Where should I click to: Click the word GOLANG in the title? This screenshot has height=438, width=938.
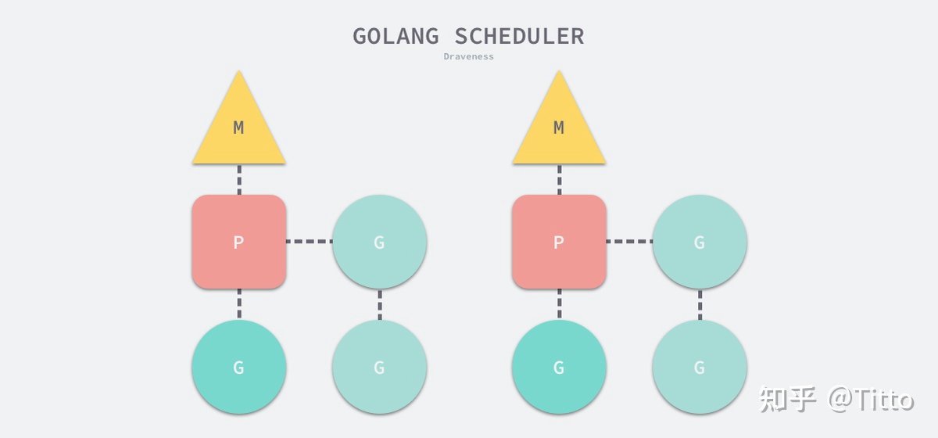click(x=396, y=36)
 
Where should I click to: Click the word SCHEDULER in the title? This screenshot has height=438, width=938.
click(x=519, y=36)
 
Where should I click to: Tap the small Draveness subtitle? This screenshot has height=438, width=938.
click(x=468, y=56)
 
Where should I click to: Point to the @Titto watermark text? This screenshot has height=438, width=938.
click(x=871, y=399)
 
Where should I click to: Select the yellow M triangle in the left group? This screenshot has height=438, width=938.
click(x=238, y=121)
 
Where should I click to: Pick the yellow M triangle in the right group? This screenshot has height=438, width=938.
click(x=559, y=121)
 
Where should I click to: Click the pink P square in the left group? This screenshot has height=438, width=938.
click(x=239, y=242)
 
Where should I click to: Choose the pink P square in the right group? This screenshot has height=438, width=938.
click(x=559, y=242)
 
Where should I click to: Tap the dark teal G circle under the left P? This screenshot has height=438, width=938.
click(x=239, y=367)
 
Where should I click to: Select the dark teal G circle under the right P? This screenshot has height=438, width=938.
click(x=559, y=367)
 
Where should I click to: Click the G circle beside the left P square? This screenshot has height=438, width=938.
click(x=379, y=242)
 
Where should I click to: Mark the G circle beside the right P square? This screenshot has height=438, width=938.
click(x=700, y=242)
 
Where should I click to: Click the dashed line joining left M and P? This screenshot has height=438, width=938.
click(x=239, y=179)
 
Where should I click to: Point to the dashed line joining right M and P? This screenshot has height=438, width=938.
click(x=560, y=179)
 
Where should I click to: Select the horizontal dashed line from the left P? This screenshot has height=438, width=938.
click(x=310, y=242)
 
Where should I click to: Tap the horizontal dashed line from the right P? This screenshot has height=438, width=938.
click(x=629, y=242)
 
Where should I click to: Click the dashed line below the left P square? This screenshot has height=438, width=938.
click(x=239, y=304)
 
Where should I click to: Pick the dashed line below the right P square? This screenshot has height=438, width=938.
click(x=560, y=304)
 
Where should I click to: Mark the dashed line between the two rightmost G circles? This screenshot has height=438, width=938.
click(x=700, y=304)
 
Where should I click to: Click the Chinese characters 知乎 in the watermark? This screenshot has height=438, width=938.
click(x=787, y=399)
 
